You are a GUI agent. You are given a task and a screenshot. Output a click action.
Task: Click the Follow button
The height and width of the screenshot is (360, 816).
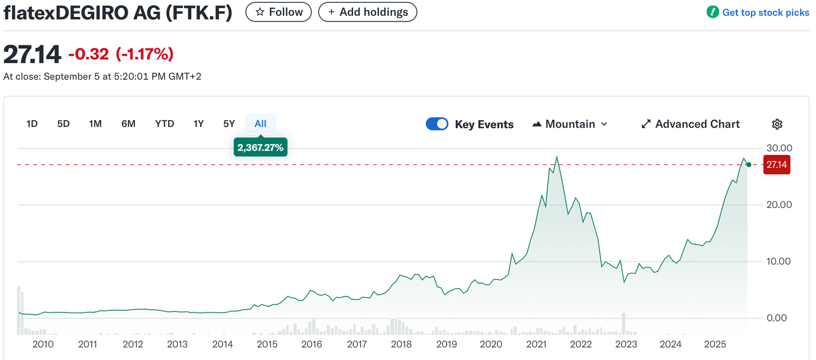278,12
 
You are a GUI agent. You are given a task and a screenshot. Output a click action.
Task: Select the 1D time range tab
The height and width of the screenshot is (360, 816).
32,124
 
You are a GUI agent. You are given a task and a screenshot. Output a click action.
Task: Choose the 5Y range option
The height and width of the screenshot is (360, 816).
229,124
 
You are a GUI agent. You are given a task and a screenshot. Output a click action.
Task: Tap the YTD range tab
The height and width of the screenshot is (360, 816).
164,124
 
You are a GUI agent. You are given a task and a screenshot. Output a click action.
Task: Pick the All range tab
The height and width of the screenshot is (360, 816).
260,124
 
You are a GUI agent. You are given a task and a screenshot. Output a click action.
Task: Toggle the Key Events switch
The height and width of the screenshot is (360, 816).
437,124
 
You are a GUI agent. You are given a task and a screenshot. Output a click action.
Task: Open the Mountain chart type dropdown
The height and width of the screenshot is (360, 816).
570,124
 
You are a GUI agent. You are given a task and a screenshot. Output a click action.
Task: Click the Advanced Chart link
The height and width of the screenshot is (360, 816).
691,124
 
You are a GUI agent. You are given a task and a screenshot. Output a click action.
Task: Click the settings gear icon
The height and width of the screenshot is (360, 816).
777,124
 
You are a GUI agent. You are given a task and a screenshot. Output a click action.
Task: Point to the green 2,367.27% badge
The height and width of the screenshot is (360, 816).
260,147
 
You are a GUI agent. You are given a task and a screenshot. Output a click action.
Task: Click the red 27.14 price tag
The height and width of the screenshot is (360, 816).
776,164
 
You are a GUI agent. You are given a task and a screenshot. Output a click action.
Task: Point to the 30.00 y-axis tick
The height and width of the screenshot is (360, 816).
779,148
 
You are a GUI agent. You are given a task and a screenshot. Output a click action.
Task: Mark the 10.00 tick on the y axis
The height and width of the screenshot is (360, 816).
779,261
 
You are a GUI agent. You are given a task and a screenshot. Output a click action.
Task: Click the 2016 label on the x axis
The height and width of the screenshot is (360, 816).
312,344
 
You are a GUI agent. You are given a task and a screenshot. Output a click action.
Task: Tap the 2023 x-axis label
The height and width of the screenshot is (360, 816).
626,344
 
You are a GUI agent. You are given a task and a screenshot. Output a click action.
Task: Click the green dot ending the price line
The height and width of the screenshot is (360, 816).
749,164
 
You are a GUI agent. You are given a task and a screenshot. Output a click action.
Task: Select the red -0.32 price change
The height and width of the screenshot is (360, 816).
88,54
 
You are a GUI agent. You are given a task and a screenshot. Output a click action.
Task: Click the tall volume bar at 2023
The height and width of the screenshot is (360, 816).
623,323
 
